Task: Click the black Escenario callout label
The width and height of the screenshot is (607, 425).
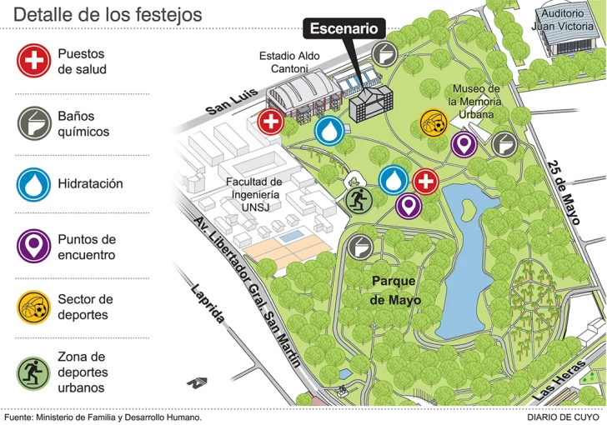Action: (x=344, y=29)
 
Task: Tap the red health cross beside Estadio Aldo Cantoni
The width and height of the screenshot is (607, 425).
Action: (x=270, y=122)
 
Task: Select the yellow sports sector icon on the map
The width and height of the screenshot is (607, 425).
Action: (x=433, y=124)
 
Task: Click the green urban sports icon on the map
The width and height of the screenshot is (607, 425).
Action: (x=359, y=200)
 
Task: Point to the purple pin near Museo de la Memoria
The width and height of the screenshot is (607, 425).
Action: (x=464, y=145)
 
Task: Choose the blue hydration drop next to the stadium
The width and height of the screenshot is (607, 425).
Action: (x=329, y=131)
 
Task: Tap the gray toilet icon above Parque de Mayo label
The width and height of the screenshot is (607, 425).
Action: (x=359, y=246)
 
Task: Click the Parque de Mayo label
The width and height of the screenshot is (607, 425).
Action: (x=394, y=290)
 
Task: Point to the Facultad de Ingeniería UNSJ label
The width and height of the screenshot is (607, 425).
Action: (x=253, y=193)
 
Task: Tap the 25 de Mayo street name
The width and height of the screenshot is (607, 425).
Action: (x=564, y=192)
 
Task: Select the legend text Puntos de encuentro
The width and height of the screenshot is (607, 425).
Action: (x=87, y=247)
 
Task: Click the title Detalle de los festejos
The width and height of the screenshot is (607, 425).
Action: (x=108, y=14)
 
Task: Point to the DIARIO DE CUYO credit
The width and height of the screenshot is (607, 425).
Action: (x=563, y=417)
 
